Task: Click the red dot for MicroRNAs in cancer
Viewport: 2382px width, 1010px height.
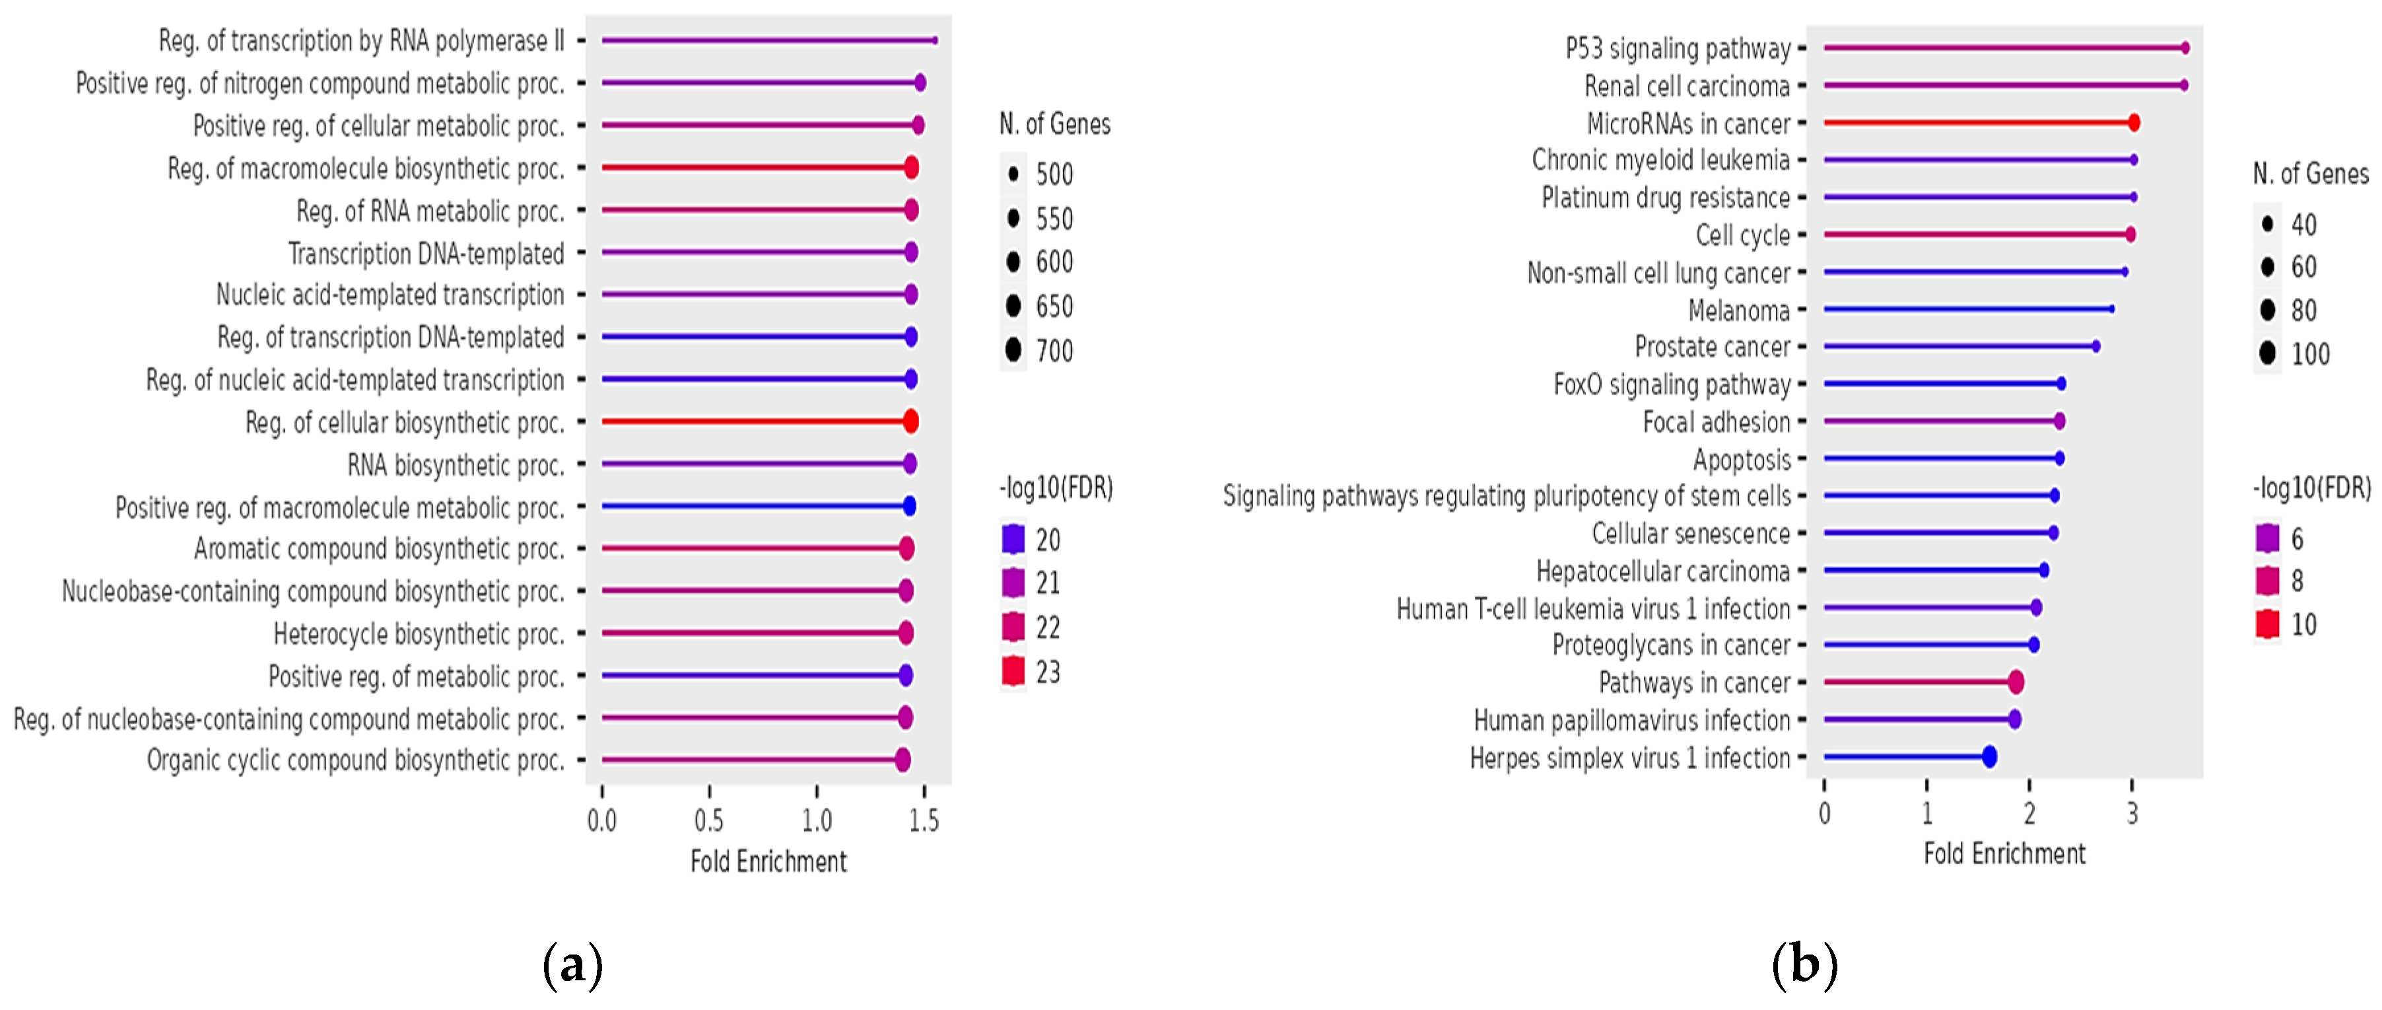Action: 2133,123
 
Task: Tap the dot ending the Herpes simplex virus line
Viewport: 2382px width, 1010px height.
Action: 1989,756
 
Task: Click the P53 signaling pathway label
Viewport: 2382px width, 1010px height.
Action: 1678,48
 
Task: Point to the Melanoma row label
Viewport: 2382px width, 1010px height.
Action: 1738,310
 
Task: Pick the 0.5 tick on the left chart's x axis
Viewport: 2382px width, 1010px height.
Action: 708,820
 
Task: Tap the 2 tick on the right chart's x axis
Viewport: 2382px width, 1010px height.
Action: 2029,814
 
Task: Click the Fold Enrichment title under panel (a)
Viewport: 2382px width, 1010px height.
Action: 768,861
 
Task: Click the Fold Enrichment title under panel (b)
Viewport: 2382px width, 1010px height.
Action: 2004,853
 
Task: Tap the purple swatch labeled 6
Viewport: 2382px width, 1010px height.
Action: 2267,538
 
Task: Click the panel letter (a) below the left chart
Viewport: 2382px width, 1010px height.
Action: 572,964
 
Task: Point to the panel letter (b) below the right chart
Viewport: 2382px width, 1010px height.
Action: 1804,964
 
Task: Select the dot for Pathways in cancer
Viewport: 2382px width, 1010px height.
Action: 2016,682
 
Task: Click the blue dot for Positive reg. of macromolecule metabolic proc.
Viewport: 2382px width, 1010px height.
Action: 909,506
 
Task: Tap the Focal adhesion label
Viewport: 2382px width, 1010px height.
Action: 1717,421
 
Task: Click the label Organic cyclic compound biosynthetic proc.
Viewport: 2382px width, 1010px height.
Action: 355,760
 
